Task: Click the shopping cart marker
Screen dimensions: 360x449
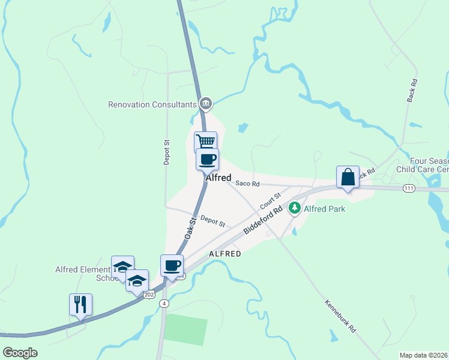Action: click(205, 142)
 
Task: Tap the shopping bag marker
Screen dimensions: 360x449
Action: click(348, 177)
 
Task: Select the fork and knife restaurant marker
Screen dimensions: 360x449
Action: click(80, 305)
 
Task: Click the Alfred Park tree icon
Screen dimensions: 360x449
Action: click(294, 208)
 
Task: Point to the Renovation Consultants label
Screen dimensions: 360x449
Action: click(152, 104)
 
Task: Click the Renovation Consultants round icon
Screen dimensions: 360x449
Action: click(206, 104)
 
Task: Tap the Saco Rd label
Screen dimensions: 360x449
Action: click(247, 184)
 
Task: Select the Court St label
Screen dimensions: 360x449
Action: click(271, 201)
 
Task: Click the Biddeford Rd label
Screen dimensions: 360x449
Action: click(263, 221)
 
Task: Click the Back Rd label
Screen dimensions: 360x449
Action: click(411, 90)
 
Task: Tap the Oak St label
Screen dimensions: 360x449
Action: click(191, 229)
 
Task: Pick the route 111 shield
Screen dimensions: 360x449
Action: click(409, 188)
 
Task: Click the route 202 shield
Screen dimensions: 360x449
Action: click(149, 295)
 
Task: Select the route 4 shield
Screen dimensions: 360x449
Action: click(164, 304)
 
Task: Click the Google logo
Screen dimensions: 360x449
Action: click(20, 352)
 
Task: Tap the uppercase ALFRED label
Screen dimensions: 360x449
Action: click(225, 254)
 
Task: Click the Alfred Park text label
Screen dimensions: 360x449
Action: click(324, 209)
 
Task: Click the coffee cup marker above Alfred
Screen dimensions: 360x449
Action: click(208, 160)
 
